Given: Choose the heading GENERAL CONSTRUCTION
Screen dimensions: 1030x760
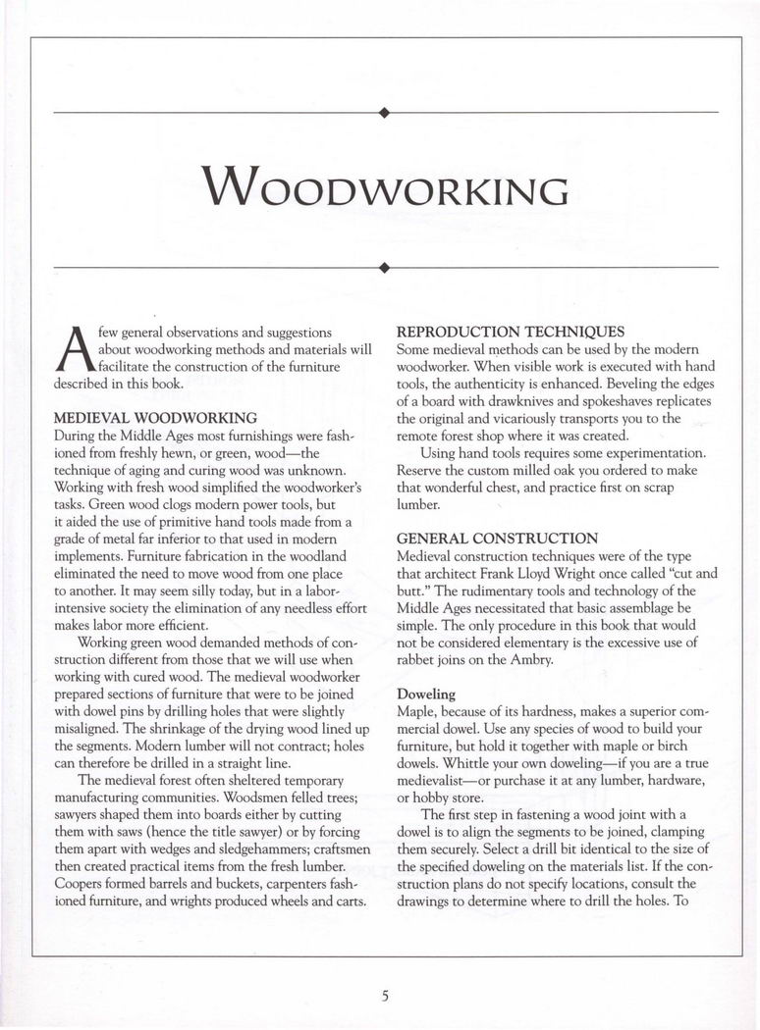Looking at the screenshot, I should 496,539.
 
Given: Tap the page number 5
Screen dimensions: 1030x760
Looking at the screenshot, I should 386,997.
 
